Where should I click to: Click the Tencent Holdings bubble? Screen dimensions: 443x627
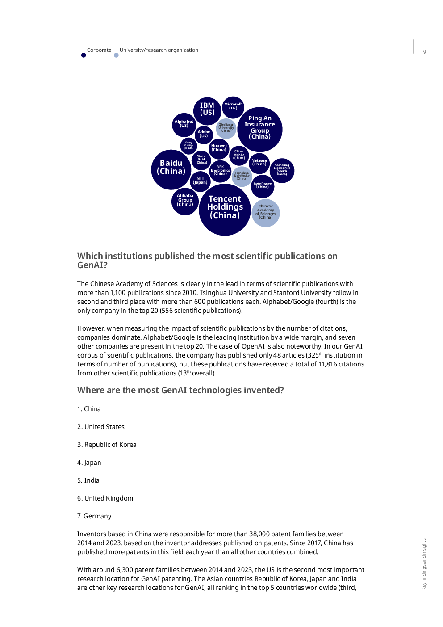(x=225, y=210)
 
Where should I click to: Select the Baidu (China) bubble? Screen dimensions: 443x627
(x=171, y=170)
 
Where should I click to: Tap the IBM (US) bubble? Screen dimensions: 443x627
(x=207, y=111)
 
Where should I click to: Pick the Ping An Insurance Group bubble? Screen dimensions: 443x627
(x=259, y=129)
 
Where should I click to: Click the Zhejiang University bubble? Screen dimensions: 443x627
(x=226, y=129)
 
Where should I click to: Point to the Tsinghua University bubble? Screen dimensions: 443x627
(x=242, y=177)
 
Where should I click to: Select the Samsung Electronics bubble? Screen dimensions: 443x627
(x=282, y=170)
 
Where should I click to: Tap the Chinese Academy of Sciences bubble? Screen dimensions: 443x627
(x=265, y=213)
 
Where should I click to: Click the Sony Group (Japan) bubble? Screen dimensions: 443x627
(x=189, y=146)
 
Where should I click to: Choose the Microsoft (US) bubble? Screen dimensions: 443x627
(x=233, y=107)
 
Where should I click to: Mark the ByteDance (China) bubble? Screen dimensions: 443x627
(x=262, y=186)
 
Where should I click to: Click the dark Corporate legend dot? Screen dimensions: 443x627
(x=84, y=55)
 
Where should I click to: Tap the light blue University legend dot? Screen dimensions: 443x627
(x=116, y=55)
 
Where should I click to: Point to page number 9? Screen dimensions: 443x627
(x=424, y=52)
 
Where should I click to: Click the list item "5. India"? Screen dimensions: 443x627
(x=88, y=480)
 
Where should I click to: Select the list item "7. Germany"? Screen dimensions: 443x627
(x=94, y=516)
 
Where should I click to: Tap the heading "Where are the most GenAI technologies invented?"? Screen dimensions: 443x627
(x=180, y=390)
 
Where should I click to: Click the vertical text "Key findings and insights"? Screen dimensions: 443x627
(x=424, y=564)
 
